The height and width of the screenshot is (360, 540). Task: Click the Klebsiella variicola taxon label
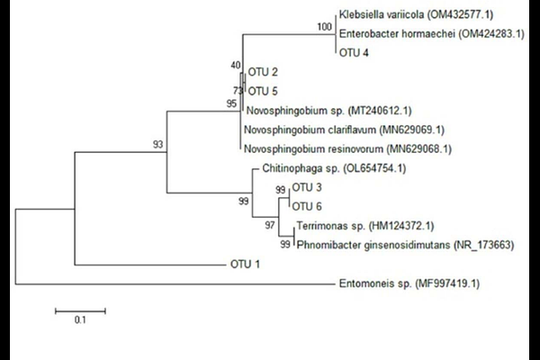click(416, 14)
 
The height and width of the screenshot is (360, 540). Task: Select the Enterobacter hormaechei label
click(432, 34)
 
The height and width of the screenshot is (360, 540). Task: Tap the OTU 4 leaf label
click(354, 53)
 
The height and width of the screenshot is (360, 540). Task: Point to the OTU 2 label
click(263, 72)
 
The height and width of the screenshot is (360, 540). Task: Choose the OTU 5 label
click(263, 92)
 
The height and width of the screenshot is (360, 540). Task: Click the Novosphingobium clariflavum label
click(344, 130)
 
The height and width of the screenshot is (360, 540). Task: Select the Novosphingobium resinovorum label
click(347, 149)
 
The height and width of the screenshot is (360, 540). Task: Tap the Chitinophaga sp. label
click(334, 168)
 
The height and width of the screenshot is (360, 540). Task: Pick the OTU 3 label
click(307, 187)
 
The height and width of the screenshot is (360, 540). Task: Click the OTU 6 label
click(307, 207)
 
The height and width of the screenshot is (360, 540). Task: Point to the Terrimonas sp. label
click(365, 226)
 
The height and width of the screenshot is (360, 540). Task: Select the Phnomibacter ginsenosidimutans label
click(405, 246)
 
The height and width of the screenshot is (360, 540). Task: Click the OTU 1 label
click(245, 265)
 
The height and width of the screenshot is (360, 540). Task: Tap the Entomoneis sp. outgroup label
click(409, 283)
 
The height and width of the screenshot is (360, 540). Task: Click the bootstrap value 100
click(324, 26)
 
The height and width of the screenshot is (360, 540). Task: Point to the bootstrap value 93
click(157, 144)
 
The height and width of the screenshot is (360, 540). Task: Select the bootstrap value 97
click(270, 225)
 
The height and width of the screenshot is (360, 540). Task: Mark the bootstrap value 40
click(236, 65)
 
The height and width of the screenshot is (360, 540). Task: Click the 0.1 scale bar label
click(80, 320)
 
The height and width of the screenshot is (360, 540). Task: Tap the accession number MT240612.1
click(380, 111)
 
